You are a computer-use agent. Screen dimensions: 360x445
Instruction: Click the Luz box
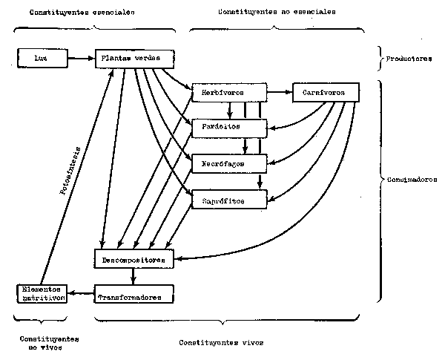(x=40, y=56)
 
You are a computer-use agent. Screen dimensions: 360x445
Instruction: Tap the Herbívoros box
(x=228, y=92)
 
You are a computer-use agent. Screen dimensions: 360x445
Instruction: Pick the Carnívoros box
(x=326, y=92)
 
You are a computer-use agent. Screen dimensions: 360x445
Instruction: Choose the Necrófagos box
(x=228, y=162)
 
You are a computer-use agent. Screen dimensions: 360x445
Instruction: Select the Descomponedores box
(x=134, y=259)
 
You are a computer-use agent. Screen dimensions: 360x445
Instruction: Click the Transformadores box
(x=134, y=295)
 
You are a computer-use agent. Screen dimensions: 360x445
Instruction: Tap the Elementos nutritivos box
(x=42, y=293)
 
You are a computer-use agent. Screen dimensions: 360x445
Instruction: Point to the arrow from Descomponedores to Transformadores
(x=133, y=277)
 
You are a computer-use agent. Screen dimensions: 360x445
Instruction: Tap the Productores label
(x=409, y=58)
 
